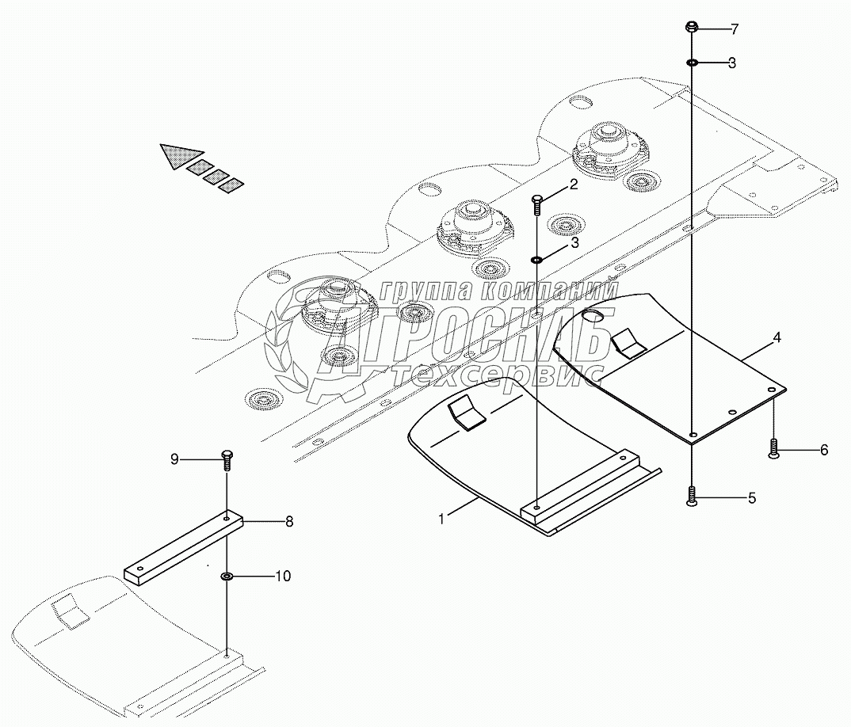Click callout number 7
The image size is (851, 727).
(735, 29)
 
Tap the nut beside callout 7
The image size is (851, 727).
(691, 29)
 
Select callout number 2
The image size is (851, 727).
(573, 186)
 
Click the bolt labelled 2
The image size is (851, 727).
(537, 204)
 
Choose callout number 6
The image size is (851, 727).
(824, 450)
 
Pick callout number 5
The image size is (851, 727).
(752, 498)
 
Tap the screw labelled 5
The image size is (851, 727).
(693, 497)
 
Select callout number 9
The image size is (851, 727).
(175, 459)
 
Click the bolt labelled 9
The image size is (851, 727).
(227, 459)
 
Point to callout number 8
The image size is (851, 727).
(289, 521)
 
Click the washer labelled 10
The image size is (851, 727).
(227, 576)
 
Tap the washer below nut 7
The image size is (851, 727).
(692, 63)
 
